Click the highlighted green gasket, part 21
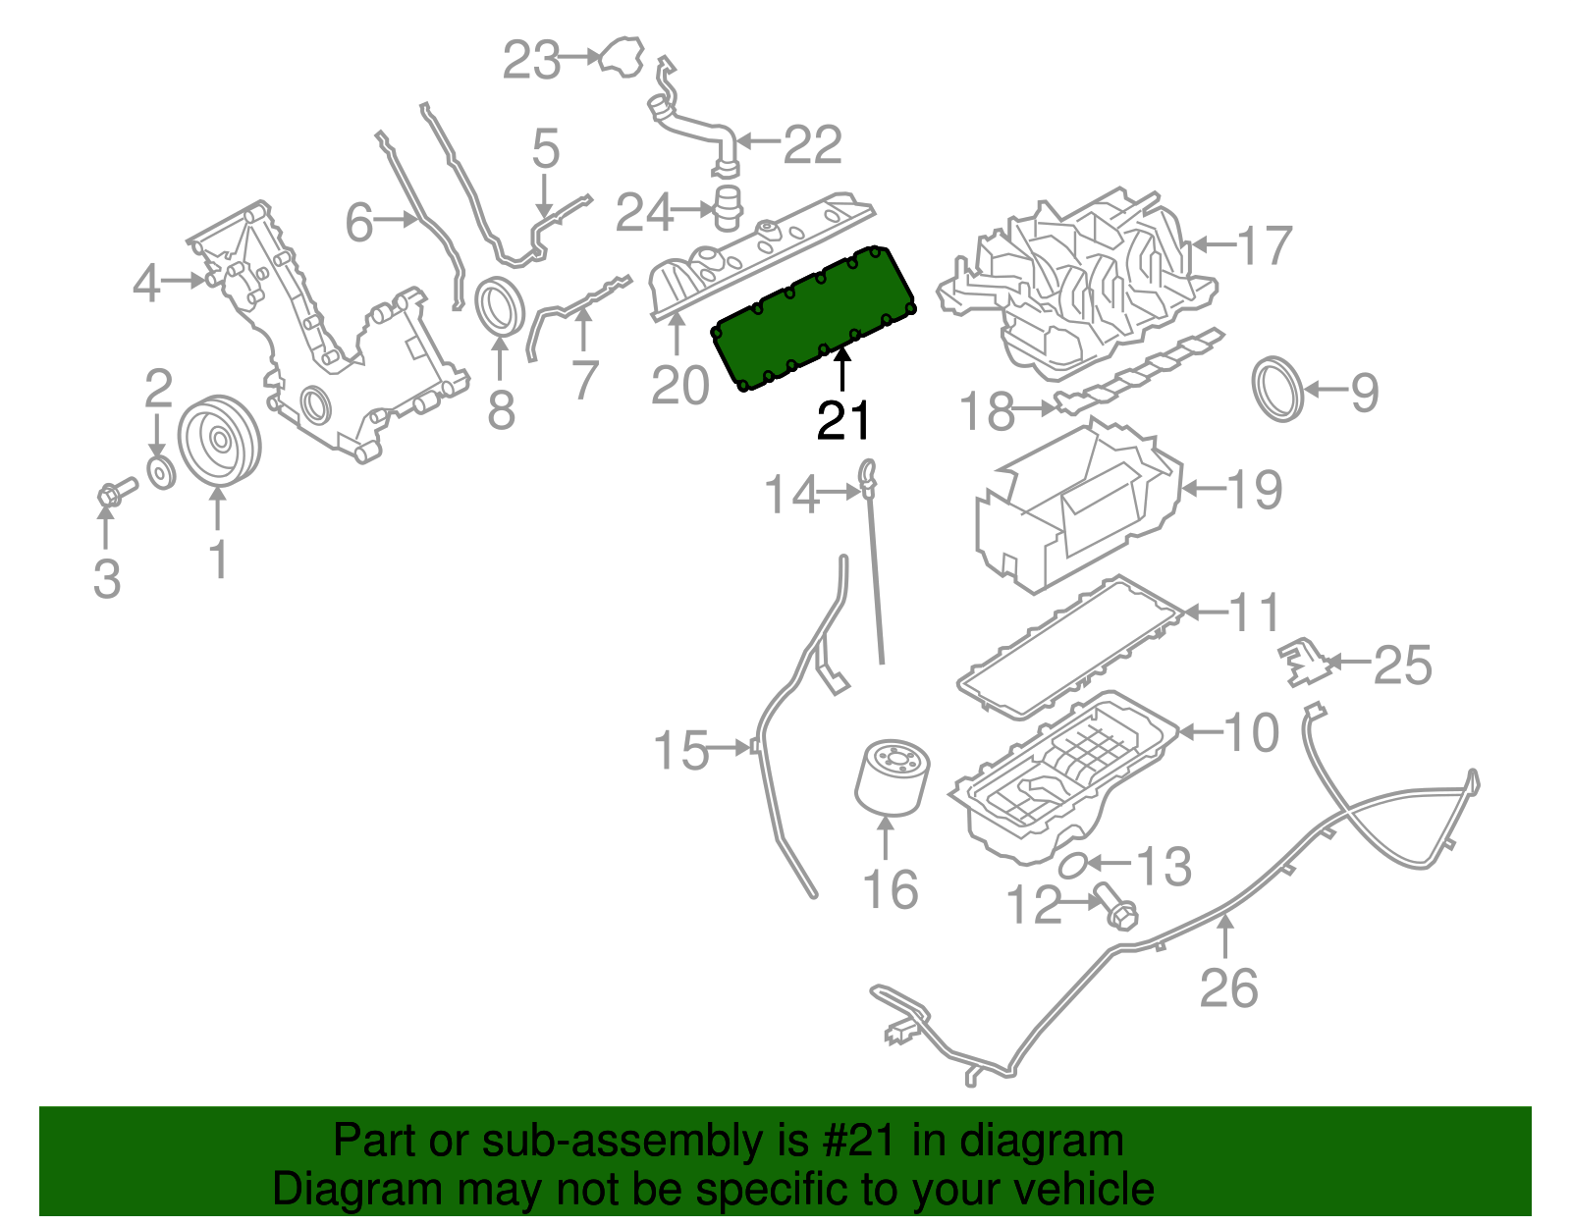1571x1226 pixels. click(x=815, y=319)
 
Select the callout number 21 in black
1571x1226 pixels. click(x=843, y=421)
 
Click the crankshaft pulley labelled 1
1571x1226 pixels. click(x=219, y=441)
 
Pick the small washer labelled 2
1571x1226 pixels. click(x=160, y=471)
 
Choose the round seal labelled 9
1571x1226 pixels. click(x=1279, y=390)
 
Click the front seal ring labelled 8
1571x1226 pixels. click(x=500, y=306)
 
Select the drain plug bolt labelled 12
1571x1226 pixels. click(x=1114, y=906)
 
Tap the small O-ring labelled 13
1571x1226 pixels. click(x=1073, y=865)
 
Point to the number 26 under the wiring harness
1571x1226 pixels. click(x=1227, y=987)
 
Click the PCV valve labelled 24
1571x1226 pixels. click(x=727, y=207)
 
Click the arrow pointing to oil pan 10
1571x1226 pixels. click(x=1199, y=731)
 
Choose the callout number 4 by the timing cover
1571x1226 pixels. click(x=146, y=284)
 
